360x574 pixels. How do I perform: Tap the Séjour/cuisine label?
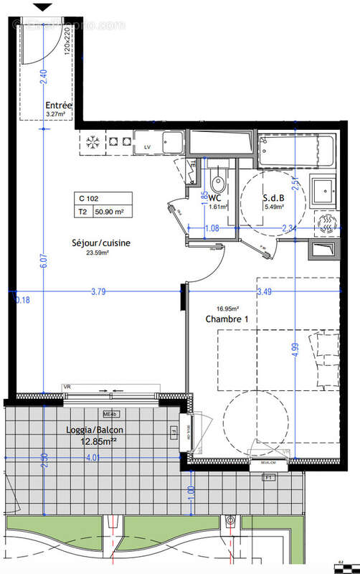click(101, 243)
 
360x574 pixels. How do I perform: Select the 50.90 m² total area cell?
click(115, 212)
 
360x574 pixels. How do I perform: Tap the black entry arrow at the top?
click(44, 7)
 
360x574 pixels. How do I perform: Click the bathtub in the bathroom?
click(296, 150)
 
